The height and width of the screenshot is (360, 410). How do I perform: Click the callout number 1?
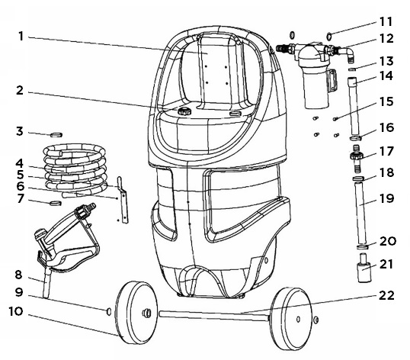[x=21, y=37]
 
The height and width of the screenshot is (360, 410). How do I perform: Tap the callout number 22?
[x=386, y=295]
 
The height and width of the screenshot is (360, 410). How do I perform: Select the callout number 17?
[x=386, y=152]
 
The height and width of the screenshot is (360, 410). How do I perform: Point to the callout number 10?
[x=16, y=311]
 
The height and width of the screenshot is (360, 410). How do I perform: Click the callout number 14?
[x=386, y=76]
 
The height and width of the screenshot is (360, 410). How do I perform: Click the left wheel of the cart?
[x=136, y=313]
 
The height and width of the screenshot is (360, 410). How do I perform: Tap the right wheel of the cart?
[x=291, y=319]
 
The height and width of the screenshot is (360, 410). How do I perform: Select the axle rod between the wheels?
[x=214, y=315]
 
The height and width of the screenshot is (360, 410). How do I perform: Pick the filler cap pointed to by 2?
[x=184, y=111]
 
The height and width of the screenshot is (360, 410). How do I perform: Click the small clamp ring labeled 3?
[x=56, y=135]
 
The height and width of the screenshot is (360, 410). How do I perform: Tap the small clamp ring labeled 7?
[x=56, y=204]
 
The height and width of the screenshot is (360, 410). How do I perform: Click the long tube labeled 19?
[x=360, y=214]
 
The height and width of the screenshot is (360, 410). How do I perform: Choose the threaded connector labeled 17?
[x=356, y=159]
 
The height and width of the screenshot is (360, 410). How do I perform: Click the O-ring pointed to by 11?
[x=329, y=36]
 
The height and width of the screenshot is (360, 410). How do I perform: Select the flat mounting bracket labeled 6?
[x=123, y=200]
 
